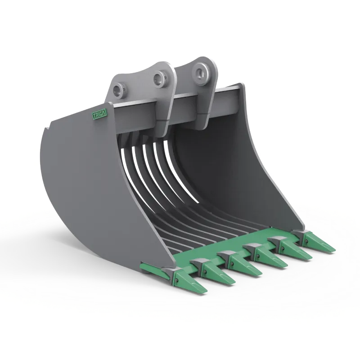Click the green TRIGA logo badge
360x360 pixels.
click(x=99, y=114)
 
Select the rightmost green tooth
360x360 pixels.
click(x=319, y=243)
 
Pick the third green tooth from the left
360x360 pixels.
click(x=245, y=265)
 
